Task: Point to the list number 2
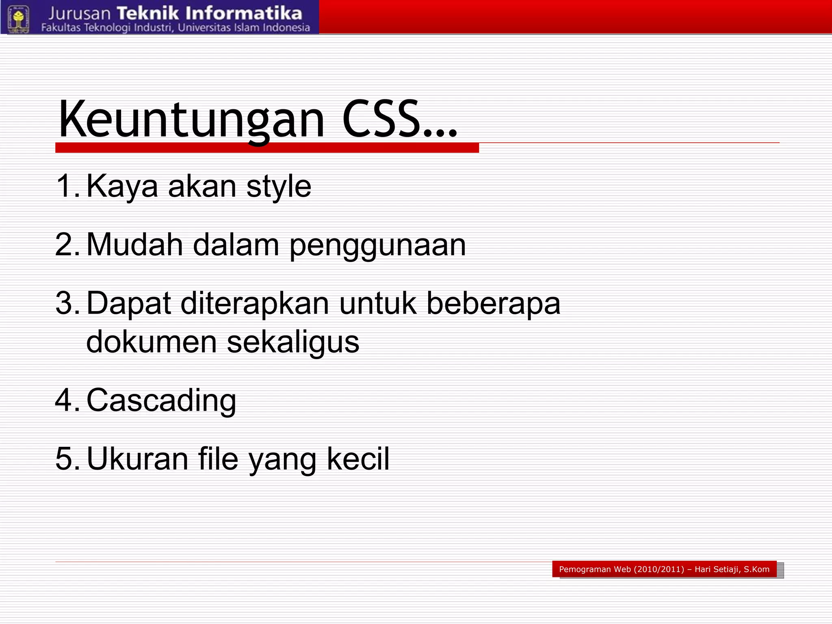point(66,245)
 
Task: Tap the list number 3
point(66,303)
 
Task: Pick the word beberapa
point(494,304)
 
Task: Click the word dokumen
point(152,342)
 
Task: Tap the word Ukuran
point(137,459)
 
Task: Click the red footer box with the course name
point(664,569)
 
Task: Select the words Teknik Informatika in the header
point(210,13)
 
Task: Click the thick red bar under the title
point(267,148)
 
